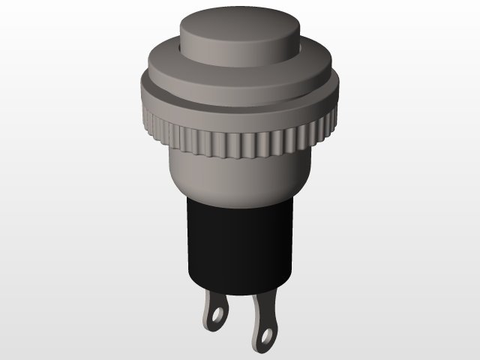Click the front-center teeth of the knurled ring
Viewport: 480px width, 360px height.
point(238,142)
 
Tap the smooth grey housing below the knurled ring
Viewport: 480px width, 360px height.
point(238,177)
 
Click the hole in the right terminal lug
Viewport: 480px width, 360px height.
point(267,331)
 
